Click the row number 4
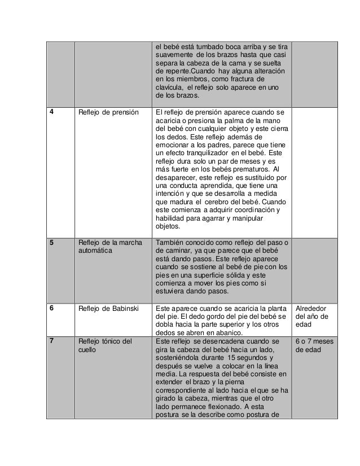[x=52, y=112]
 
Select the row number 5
[x=52, y=243]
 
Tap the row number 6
[x=52, y=309]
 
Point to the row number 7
[x=52, y=341]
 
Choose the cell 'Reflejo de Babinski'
[x=108, y=309]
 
